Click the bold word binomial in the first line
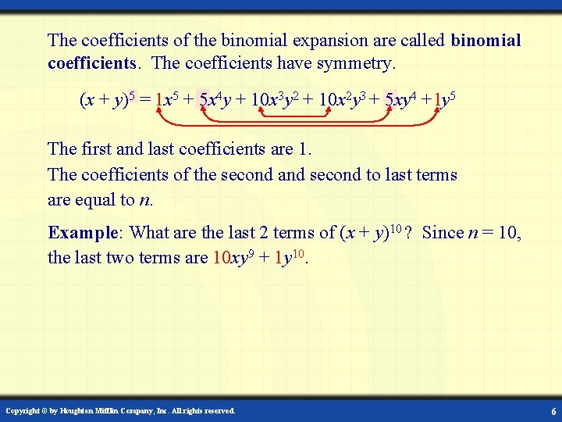486,40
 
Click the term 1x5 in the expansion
165,100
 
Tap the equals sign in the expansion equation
145,101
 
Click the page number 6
553,411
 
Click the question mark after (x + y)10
408,233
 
